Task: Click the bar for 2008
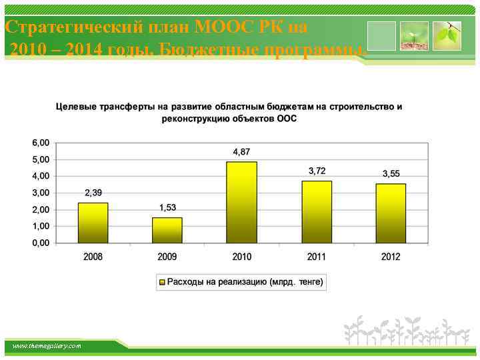tap(93, 223)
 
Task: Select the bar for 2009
tap(167, 230)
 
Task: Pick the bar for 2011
tap(316, 211)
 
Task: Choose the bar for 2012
tap(391, 213)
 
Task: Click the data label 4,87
tap(241, 153)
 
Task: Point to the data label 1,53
tap(167, 208)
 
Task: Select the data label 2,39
tap(93, 193)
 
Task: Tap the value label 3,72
tap(317, 171)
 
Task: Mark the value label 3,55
tap(391, 174)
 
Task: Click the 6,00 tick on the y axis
tap(40, 143)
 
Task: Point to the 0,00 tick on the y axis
tap(40, 243)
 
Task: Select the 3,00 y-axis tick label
tap(40, 193)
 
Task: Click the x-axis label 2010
tap(241, 257)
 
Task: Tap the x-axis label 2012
tap(391, 257)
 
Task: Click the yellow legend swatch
tap(161, 283)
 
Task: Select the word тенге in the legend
tap(308, 283)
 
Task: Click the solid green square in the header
tap(381, 36)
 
